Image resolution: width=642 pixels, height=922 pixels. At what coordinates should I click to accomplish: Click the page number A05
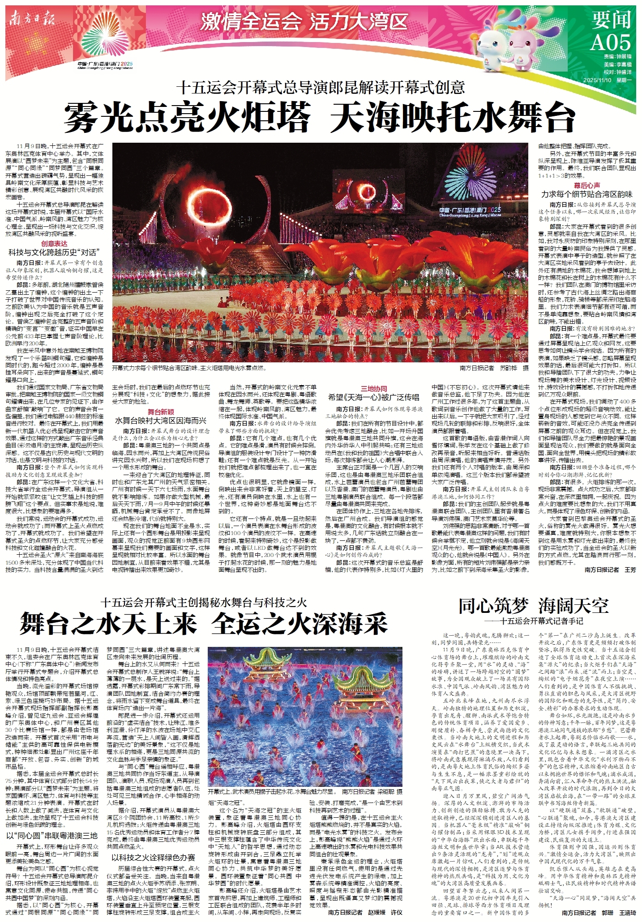tap(610, 42)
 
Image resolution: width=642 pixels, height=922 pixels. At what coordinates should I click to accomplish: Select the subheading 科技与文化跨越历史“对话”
tap(54, 252)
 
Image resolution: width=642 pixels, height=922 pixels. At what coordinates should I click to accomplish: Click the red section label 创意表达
tap(54, 244)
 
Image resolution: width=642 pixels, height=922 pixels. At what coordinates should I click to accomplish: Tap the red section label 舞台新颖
tap(161, 412)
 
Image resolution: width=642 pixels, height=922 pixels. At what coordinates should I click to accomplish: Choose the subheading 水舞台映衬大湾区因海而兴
tap(161, 421)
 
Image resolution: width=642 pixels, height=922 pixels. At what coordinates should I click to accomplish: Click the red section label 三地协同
tap(374, 389)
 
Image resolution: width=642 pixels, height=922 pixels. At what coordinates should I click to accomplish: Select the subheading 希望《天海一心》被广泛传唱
tap(374, 397)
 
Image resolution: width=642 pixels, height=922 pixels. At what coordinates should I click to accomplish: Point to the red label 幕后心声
tap(587, 185)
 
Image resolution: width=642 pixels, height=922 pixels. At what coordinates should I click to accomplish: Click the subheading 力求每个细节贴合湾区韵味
tap(587, 194)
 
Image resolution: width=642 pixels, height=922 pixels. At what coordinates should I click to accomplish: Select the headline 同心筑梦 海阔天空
tap(533, 606)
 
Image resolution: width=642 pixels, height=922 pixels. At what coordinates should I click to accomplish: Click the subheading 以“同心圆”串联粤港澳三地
tap(52, 835)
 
